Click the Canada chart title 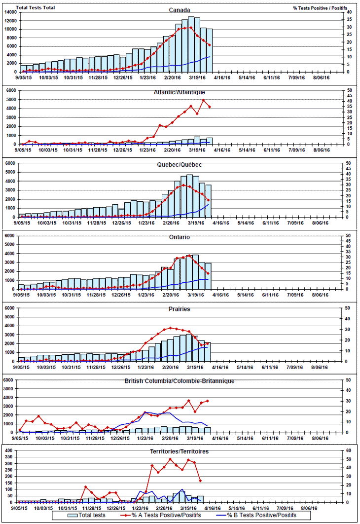[180, 9]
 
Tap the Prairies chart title [180, 309]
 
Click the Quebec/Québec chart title [180, 164]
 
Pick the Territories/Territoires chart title [180, 451]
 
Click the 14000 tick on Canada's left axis [11, 12]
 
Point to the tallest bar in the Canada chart [191, 44]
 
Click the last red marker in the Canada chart [210, 45]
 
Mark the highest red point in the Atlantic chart [203, 100]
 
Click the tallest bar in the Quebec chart [190, 196]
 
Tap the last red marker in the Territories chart [200, 481]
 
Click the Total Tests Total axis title [36, 7]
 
